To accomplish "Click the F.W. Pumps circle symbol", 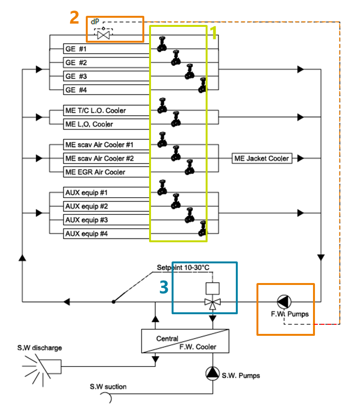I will tap(284, 301).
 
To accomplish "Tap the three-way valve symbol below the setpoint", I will tap(211, 302).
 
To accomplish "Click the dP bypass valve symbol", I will tap(103, 35).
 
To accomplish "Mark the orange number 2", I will tap(74, 18).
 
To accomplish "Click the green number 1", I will tap(214, 33).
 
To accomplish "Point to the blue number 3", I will tap(164, 287).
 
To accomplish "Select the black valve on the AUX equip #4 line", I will tap(203, 230).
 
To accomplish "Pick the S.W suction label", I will tap(108, 387).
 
